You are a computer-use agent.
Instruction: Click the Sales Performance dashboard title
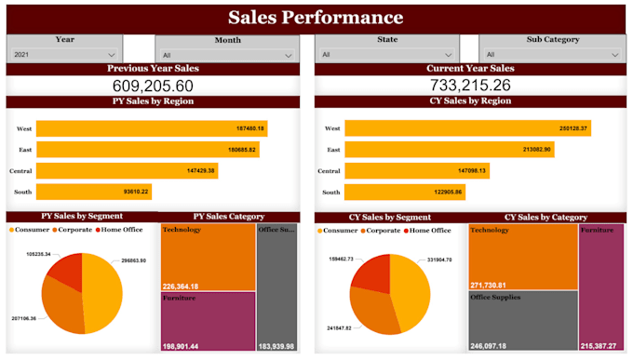[x=316, y=18]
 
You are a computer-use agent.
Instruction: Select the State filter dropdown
[x=387, y=55]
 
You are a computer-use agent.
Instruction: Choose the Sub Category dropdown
[x=552, y=55]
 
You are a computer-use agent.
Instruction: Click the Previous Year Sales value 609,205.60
[x=153, y=86]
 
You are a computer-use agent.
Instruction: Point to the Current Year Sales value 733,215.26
[x=469, y=86]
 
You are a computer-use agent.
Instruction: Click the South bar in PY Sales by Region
[x=94, y=192]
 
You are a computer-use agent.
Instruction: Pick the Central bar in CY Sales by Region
[x=418, y=170]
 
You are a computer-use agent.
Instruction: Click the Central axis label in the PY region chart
[x=21, y=171]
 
